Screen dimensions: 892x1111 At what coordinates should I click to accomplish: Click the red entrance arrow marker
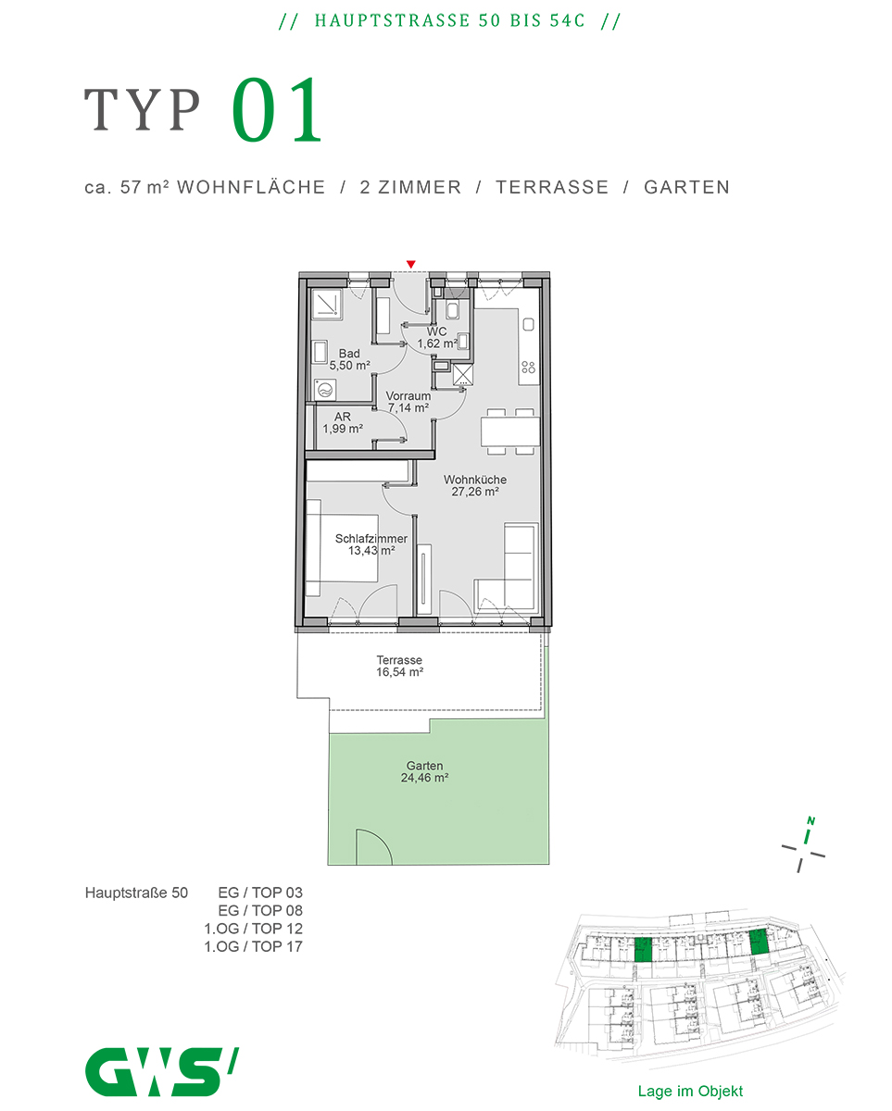tap(410, 265)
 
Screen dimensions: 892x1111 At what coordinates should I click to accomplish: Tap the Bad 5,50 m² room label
tap(350, 359)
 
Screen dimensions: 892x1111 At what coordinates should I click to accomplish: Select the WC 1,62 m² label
tap(437, 338)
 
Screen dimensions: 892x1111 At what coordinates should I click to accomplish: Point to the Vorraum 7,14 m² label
tap(408, 402)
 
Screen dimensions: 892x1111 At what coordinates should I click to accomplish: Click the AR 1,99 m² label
tap(343, 422)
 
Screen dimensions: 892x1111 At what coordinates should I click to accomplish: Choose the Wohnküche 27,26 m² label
tap(474, 485)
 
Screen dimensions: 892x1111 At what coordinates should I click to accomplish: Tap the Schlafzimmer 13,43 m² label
tap(371, 544)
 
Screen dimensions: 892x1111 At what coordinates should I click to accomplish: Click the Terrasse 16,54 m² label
tap(399, 666)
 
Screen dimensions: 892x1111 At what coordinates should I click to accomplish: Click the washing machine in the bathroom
tap(324, 390)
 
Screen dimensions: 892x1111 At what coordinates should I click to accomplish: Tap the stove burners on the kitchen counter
tap(528, 367)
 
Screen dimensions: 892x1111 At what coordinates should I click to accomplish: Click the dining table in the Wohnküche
tap(510, 431)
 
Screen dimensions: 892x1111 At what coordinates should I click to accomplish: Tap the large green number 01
tap(277, 110)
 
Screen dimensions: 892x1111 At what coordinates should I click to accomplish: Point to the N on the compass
tap(810, 820)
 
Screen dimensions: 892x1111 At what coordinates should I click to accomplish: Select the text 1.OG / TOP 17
tap(253, 946)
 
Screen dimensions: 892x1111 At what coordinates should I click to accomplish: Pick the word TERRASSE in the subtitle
tap(552, 187)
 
